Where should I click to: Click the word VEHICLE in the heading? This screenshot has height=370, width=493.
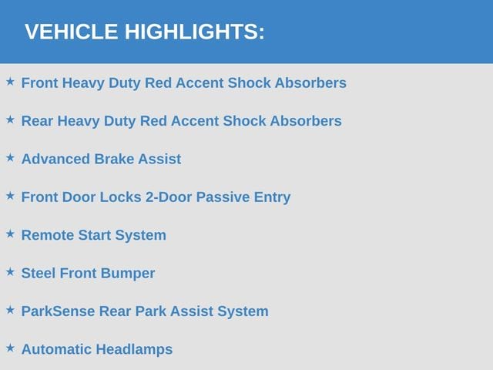click(72, 32)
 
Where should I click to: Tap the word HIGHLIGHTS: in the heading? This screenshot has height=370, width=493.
click(195, 32)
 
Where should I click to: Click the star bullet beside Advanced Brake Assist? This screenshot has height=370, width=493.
click(10, 157)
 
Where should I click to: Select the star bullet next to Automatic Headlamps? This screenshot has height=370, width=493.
click(10, 348)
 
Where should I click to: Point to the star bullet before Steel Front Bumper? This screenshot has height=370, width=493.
click(10, 272)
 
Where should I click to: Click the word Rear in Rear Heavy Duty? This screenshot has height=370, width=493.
click(37, 121)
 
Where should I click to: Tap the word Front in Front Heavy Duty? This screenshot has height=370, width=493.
click(39, 82)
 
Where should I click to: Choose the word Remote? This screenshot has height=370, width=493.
click(48, 235)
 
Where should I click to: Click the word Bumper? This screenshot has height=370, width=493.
click(128, 274)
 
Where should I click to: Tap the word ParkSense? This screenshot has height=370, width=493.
click(59, 311)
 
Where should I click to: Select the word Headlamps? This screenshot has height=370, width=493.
click(134, 350)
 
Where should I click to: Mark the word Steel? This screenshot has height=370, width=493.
click(39, 273)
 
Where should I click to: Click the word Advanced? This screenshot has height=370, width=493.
click(55, 159)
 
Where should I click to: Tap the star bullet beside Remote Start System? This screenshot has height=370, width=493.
click(10, 234)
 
